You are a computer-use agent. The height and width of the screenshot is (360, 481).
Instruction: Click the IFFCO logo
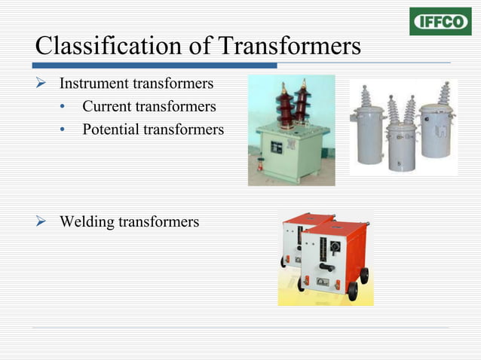[440, 21]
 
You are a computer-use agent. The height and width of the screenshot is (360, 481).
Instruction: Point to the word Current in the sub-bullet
[107, 106]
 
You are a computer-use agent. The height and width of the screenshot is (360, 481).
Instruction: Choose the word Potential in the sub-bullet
[111, 130]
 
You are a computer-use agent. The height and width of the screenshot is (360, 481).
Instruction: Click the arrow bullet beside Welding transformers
[43, 221]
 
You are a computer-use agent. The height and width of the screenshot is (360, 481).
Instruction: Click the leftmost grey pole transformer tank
[369, 138]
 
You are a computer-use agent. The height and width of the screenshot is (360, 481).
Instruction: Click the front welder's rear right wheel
[363, 276]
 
